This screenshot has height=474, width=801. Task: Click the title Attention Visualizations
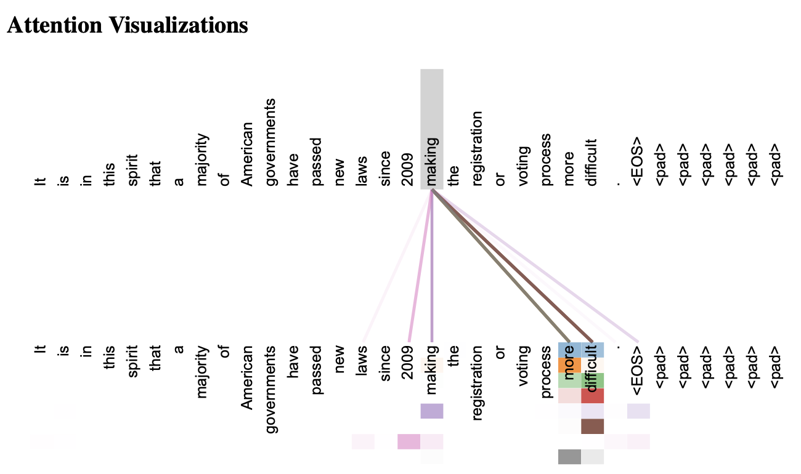pos(128,25)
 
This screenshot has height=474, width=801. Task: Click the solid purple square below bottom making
pos(432,411)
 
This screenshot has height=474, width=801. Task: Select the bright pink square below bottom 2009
pos(409,441)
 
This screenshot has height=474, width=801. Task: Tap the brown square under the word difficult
pos(592,426)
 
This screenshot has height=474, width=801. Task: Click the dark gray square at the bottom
pos(569,457)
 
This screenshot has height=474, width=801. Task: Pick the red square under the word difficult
pos(592,396)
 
